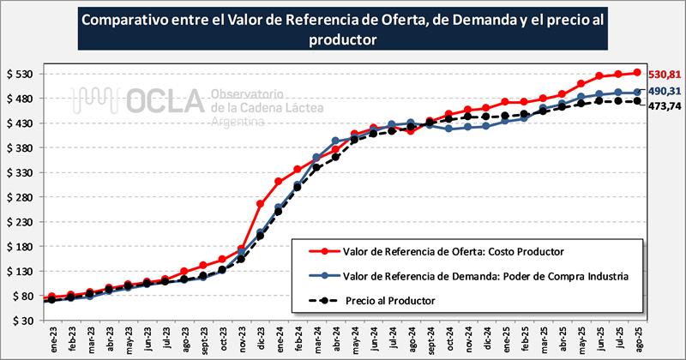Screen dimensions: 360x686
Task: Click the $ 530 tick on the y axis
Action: point(19,74)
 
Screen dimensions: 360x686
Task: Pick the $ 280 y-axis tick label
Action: point(19,197)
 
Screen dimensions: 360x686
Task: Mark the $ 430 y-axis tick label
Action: point(19,123)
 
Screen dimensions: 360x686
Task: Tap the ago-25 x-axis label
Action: point(638,338)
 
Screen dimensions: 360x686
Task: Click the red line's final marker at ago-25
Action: point(638,72)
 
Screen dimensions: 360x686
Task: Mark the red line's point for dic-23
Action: point(260,204)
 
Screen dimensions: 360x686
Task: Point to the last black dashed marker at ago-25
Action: point(638,101)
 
